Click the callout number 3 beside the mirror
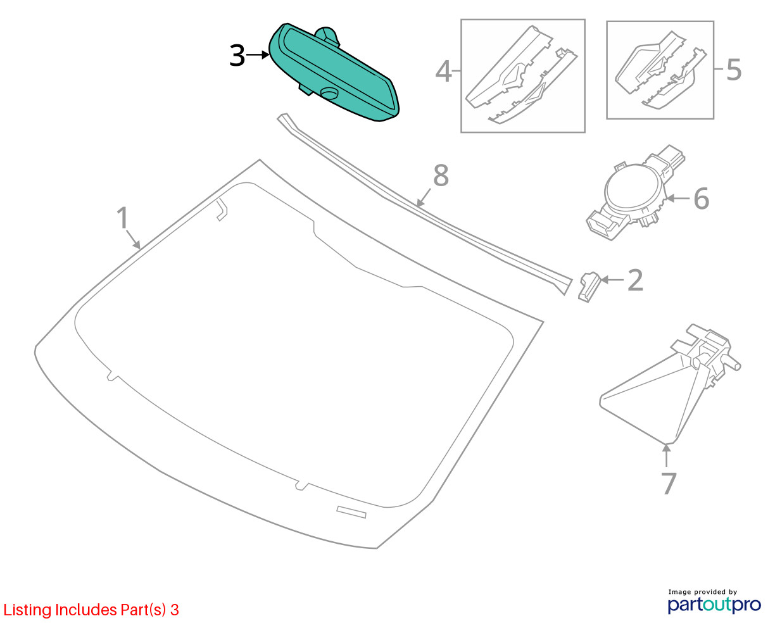coord(237,56)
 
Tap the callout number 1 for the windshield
coord(123,218)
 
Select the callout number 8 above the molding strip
coord(441,175)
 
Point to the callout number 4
coord(443,72)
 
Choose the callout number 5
coord(733,70)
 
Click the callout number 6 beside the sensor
coord(701,199)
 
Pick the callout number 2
coord(635,280)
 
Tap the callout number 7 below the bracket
coord(669,484)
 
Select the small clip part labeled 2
coord(589,287)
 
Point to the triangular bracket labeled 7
coord(669,384)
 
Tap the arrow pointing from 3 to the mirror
coord(258,55)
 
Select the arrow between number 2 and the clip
coord(612,280)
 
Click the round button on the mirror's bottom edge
coord(330,93)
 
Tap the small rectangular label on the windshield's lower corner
coord(351,512)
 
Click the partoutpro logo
coord(714,605)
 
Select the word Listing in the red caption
coord(27,610)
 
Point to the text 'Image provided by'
coord(703,592)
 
